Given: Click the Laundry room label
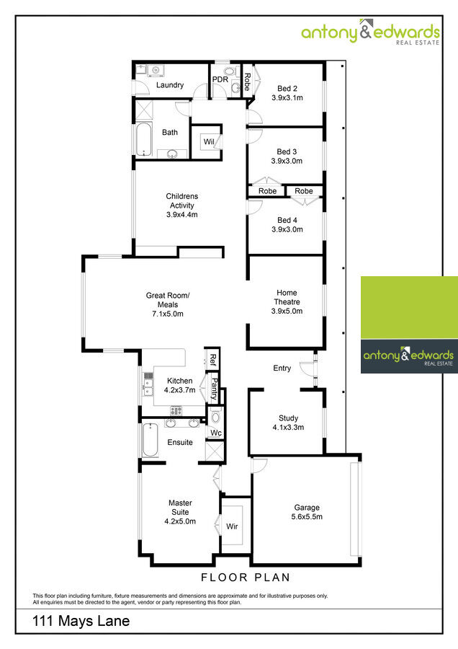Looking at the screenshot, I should pyautogui.click(x=169, y=85).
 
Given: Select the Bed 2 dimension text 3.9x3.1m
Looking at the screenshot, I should pyautogui.click(x=287, y=97).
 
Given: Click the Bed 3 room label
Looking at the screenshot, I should pyautogui.click(x=287, y=151).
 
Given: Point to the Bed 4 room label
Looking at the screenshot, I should pyautogui.click(x=287, y=220).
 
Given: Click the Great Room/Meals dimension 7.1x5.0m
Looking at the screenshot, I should pyautogui.click(x=167, y=314).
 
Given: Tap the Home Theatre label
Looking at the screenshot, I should pyautogui.click(x=287, y=297).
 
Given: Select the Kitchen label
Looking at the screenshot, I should pyautogui.click(x=179, y=381).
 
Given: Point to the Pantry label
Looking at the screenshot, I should pyautogui.click(x=214, y=389).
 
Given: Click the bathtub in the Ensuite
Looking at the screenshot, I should pyautogui.click(x=150, y=440).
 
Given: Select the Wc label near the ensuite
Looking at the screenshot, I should pyautogui.click(x=215, y=433).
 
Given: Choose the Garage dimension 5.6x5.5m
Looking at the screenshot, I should pyautogui.click(x=307, y=517).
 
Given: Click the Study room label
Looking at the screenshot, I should pyautogui.click(x=288, y=418).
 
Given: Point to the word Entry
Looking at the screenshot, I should pyautogui.click(x=282, y=368).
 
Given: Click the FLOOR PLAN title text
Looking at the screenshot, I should pyautogui.click(x=245, y=577).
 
